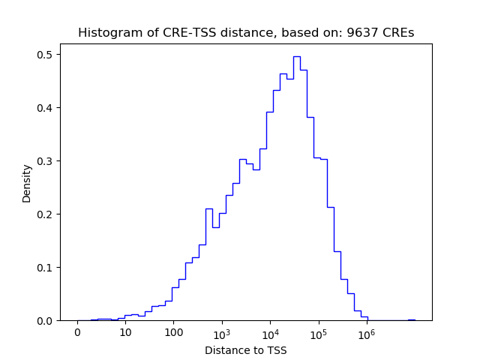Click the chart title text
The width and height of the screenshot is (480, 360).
point(246,33)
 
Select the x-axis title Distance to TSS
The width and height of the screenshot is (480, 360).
point(246,349)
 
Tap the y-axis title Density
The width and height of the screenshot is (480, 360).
point(27,183)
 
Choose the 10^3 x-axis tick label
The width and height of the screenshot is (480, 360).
point(222,333)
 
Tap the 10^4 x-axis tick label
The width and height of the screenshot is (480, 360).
point(270,333)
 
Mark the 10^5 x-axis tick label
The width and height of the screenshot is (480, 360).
point(318,333)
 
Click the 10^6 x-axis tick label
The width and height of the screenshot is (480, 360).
point(366,333)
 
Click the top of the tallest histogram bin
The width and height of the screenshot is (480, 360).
point(296,56)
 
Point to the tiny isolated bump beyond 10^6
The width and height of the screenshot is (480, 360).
point(411,319)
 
